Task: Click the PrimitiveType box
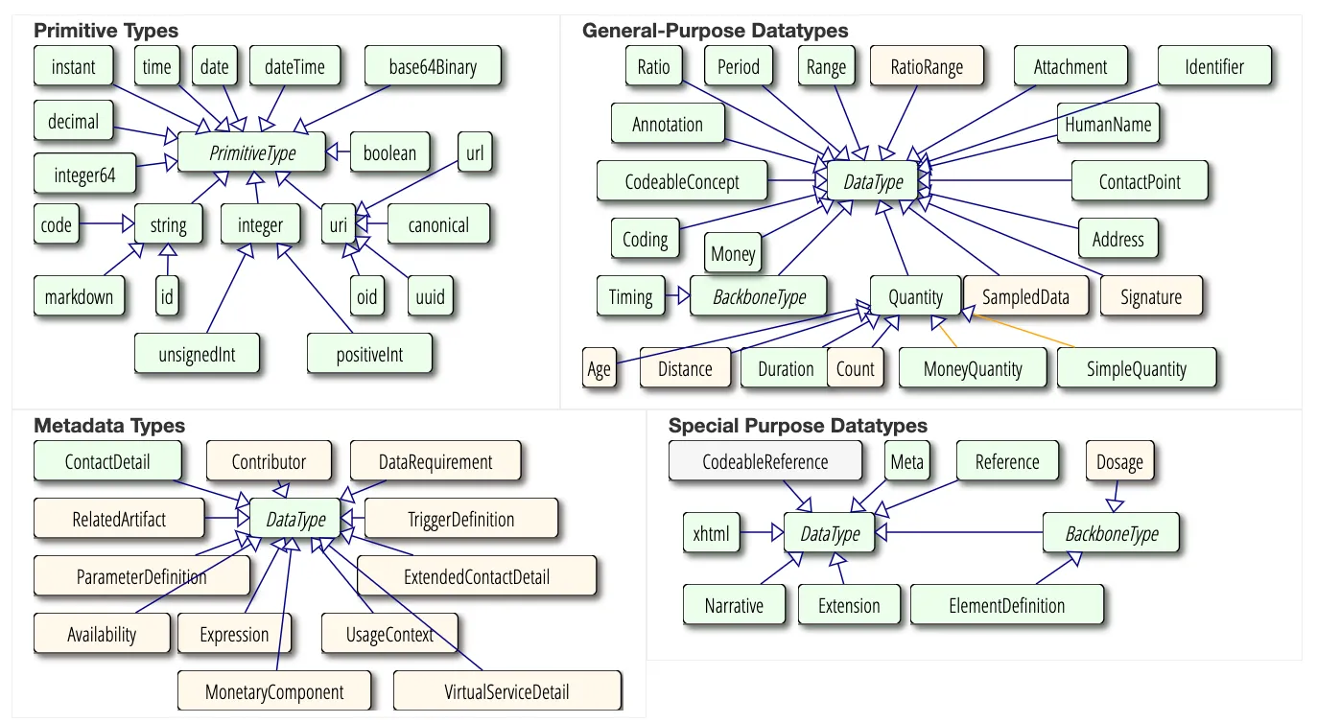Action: click(252, 153)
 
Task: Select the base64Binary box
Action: click(433, 67)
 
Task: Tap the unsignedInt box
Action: click(197, 355)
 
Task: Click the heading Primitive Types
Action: click(106, 31)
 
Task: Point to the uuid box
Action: click(431, 297)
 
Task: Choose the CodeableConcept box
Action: click(681, 182)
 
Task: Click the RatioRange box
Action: click(926, 67)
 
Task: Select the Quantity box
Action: click(915, 296)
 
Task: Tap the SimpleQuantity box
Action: click(1136, 369)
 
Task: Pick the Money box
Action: click(733, 254)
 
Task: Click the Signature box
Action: click(1150, 297)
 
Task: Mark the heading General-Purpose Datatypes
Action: click(715, 31)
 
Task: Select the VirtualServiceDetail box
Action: click(506, 691)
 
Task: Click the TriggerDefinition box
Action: click(460, 520)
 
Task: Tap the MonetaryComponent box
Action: click(273, 691)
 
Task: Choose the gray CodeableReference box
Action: click(764, 462)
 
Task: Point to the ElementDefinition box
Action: click(1006, 606)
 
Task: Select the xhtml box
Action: click(711, 534)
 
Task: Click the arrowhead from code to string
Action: click(126, 225)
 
